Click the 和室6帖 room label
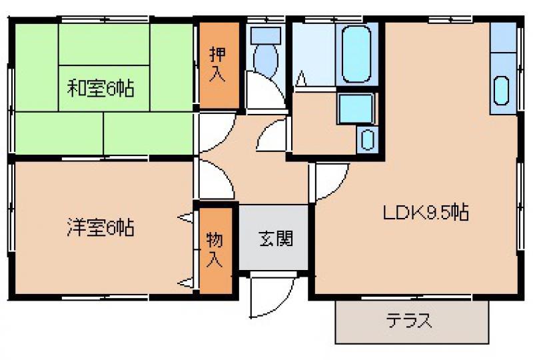click(x=101, y=88)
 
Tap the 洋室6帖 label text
click(x=101, y=227)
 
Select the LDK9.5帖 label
click(x=426, y=213)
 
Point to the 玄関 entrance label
click(x=276, y=239)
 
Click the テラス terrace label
click(x=409, y=320)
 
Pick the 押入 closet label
click(x=218, y=64)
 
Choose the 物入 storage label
click(x=215, y=249)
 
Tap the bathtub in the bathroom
click(x=356, y=54)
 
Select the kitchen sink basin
click(x=502, y=91)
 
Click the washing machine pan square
click(x=356, y=109)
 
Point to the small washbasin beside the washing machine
click(x=367, y=139)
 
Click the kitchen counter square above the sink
click(x=503, y=37)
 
